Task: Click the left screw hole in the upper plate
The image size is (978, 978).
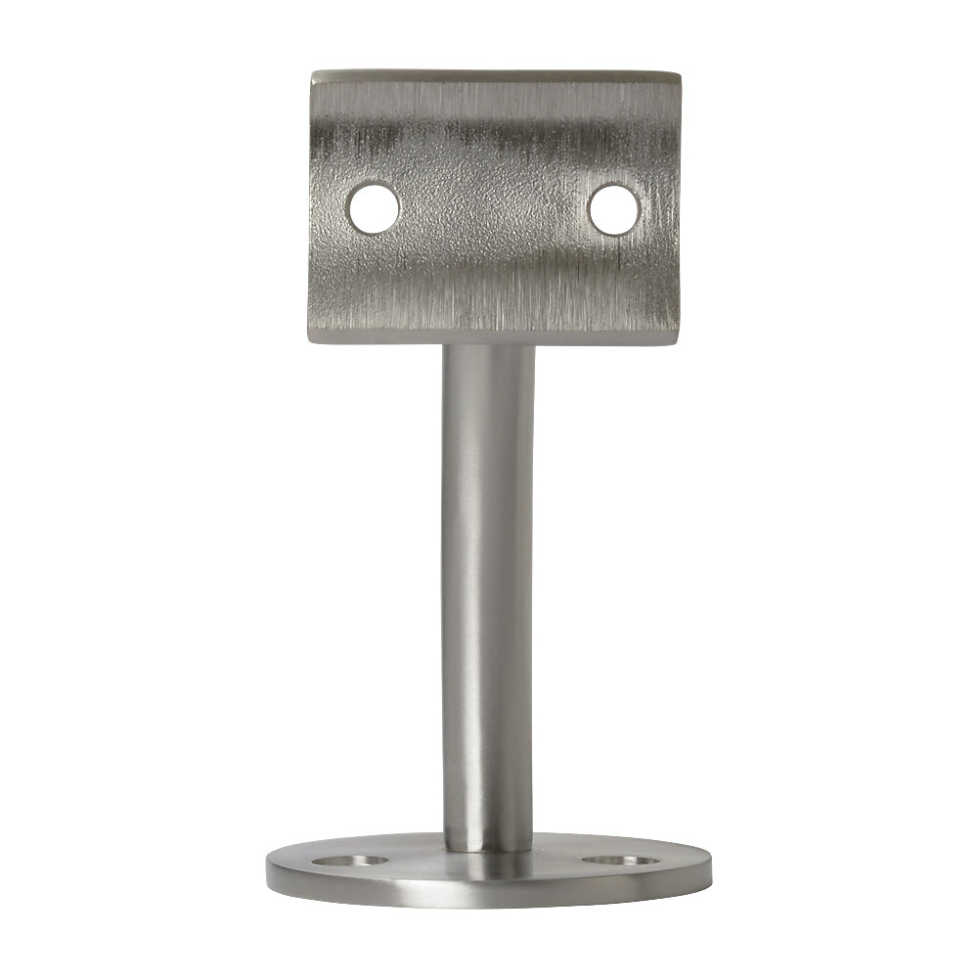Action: click(x=374, y=208)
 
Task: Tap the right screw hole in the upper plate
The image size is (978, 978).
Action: click(x=614, y=208)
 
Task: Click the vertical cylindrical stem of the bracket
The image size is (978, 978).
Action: click(x=488, y=587)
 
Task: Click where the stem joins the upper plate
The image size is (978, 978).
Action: click(x=488, y=348)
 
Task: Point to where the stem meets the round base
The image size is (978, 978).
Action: click(x=488, y=847)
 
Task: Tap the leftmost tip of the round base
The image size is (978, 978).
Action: click(x=267, y=869)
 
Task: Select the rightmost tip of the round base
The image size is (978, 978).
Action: click(x=711, y=869)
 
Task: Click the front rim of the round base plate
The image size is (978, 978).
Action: click(x=488, y=897)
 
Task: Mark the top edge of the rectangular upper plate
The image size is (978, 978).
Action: click(x=497, y=74)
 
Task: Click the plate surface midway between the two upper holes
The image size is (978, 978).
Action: click(x=494, y=208)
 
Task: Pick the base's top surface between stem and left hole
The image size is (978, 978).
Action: click(x=411, y=860)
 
